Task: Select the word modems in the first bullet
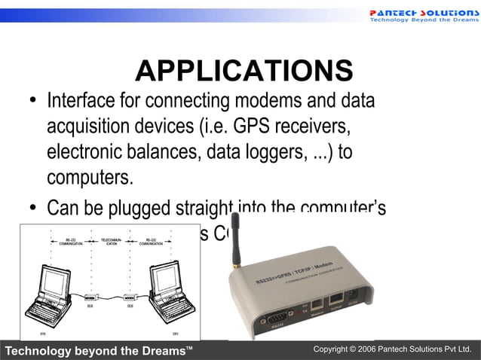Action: [277, 100]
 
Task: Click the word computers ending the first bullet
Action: [90, 178]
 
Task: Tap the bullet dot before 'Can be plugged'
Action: [33, 208]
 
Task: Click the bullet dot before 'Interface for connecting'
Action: [33, 102]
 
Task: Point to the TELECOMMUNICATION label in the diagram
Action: [109, 243]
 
